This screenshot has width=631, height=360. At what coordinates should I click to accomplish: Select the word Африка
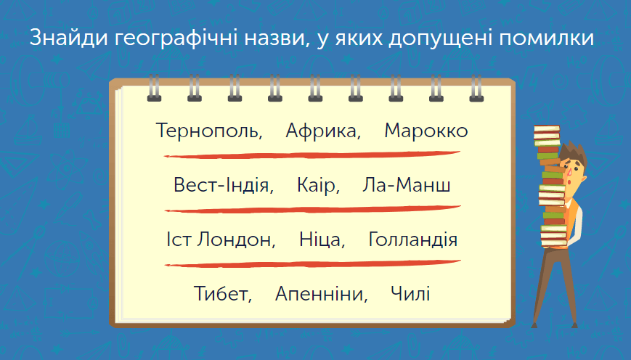(322, 131)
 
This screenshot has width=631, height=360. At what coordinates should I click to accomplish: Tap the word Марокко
(426, 131)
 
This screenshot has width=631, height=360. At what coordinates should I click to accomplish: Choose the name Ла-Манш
(407, 184)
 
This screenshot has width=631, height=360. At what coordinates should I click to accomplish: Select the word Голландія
(413, 240)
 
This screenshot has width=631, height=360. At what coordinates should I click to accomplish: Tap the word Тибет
(222, 294)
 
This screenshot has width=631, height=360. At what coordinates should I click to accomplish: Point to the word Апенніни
(321, 294)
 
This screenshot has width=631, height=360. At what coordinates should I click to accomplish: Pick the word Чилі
(410, 294)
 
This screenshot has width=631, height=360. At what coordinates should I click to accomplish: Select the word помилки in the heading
(547, 38)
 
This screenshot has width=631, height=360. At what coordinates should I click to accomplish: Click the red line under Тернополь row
(312, 155)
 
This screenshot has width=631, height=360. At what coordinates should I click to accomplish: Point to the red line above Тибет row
(313, 264)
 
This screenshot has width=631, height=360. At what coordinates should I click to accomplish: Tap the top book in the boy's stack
(547, 130)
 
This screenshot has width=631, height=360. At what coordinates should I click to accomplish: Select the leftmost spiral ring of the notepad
(154, 88)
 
